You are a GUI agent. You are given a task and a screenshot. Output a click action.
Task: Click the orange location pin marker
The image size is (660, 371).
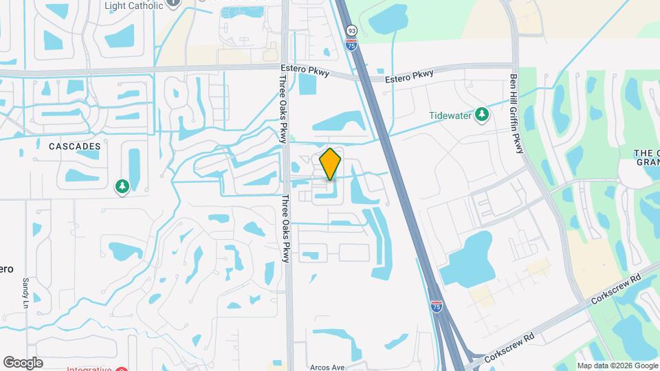click(331, 164)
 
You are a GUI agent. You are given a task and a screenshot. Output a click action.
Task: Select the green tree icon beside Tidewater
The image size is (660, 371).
click(483, 113)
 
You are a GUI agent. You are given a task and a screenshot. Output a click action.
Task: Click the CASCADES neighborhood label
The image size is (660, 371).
click(75, 146)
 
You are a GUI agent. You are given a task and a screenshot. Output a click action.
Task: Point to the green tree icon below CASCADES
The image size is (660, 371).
click(122, 186)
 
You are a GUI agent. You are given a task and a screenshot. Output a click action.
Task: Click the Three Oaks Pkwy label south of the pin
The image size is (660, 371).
click(285, 228)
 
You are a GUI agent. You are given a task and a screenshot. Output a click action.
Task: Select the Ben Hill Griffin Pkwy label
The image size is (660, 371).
click(516, 114)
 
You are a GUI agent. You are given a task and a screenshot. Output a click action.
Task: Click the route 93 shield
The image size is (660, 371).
click(352, 31)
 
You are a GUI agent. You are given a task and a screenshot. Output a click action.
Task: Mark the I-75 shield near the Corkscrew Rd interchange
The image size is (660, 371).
click(437, 306)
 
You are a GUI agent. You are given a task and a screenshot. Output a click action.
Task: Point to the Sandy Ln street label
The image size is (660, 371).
click(25, 292)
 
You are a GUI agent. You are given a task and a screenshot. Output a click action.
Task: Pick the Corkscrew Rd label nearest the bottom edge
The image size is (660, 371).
click(509, 348)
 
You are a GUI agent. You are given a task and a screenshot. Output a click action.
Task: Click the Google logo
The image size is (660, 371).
click(23, 362)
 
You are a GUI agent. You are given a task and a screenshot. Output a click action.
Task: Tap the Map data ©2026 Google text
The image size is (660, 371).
click(617, 366)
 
